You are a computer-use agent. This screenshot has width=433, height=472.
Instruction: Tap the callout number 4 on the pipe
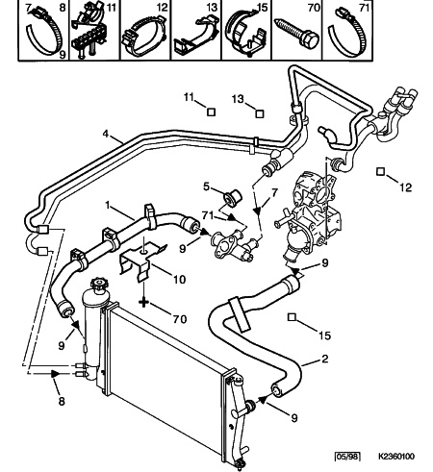coord(106,134)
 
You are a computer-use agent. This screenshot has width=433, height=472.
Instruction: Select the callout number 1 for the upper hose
coord(108,205)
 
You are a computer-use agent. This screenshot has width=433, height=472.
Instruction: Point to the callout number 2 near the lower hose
coord(325,359)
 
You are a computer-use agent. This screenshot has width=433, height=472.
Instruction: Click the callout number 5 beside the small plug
coord(206,186)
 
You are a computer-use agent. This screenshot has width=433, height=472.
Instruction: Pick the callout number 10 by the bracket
coord(179,280)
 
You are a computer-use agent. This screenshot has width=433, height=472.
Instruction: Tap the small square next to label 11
coord(211,112)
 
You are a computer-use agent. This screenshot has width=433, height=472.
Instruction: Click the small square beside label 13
coord(260,114)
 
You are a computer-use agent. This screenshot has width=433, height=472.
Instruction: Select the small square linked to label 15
coord(292,317)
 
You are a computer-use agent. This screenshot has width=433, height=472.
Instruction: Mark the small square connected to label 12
coord(380,172)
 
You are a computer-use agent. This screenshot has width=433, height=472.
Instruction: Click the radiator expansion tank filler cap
coord(99,285)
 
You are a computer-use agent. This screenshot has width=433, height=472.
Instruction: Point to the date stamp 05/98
coord(347,456)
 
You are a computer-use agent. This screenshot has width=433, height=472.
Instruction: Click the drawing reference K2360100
coord(396,456)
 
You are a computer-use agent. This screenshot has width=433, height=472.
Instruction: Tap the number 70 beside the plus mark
coord(180,319)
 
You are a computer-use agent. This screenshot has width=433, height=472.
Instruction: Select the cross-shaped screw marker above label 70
coord(143,302)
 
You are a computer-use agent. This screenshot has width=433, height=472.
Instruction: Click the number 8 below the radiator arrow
coord(62,401)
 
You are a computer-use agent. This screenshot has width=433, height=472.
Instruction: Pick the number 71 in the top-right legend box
coord(365,8)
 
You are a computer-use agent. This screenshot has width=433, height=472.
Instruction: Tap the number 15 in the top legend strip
coord(263,8)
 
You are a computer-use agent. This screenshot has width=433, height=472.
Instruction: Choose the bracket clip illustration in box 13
coord(195,37)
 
